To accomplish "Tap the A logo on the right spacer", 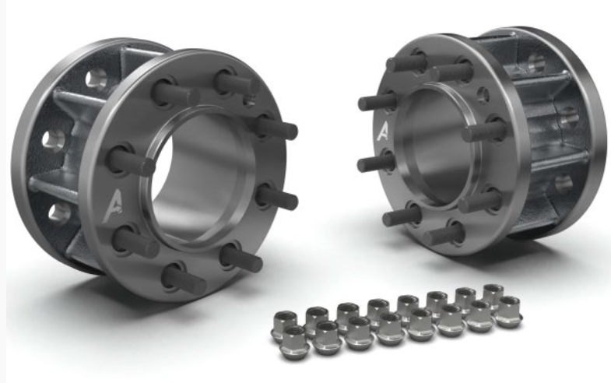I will click(x=382, y=130).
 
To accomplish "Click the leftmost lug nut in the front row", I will click(x=294, y=340).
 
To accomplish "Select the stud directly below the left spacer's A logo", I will click(x=135, y=241).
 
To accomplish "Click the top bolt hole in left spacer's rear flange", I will click(x=96, y=77).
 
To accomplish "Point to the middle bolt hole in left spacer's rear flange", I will click(x=53, y=140).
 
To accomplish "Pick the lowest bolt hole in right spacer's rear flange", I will click(x=561, y=184).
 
